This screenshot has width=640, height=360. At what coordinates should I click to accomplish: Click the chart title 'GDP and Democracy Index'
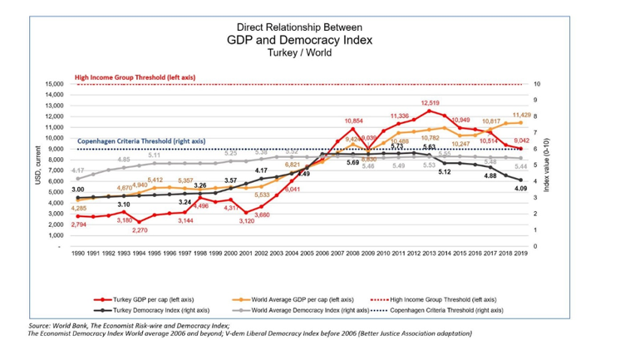point(299,39)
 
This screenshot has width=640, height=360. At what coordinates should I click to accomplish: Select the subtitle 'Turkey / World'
point(299,52)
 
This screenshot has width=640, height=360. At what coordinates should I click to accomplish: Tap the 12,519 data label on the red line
point(430,102)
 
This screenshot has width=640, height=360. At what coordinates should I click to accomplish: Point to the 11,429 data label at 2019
point(521,116)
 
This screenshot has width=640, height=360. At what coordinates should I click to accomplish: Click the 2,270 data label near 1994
point(140,230)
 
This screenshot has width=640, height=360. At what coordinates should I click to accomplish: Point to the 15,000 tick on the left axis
point(52,84)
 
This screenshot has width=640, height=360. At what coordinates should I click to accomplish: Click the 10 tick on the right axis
point(537,84)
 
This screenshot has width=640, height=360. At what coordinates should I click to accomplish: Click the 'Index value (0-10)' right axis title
point(547,165)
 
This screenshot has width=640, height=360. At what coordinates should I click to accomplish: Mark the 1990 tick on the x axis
point(78,253)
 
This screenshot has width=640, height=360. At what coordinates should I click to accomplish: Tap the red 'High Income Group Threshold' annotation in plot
point(135,76)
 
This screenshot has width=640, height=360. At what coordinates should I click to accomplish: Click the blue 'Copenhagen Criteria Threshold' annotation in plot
point(141,141)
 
